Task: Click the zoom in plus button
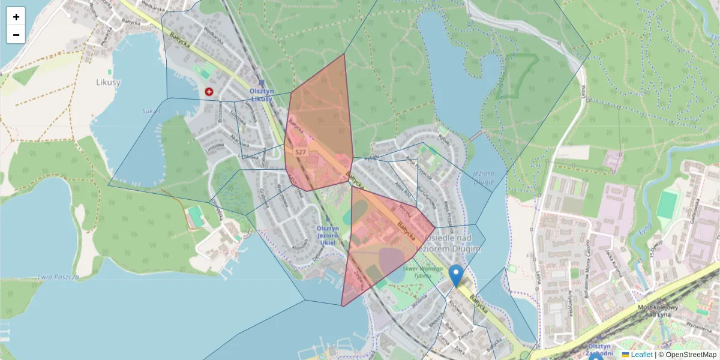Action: [x=16, y=17]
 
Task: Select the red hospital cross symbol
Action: [x=209, y=92]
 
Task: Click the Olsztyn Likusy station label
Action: [x=262, y=95]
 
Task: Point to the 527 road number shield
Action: [x=301, y=152]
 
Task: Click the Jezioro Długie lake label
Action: [x=482, y=178]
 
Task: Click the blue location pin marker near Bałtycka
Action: [x=456, y=275]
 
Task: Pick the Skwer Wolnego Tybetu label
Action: [x=418, y=272]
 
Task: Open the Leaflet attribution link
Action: [x=641, y=355]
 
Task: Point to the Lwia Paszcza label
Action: [x=59, y=277]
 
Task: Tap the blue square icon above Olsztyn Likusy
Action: [x=261, y=83]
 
